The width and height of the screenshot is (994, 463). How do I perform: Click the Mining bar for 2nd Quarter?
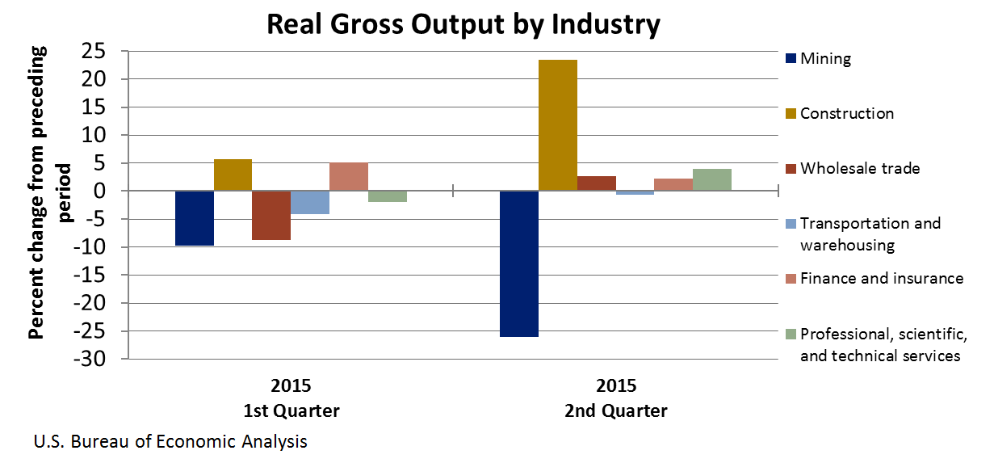pos(518,263)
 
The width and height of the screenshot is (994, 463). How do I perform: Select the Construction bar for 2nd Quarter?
pos(557,125)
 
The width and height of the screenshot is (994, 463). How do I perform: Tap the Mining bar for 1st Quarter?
pos(195,218)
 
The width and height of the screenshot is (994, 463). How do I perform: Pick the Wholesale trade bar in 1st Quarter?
pos(271,216)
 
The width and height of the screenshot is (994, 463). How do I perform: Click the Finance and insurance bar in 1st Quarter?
pos(348,177)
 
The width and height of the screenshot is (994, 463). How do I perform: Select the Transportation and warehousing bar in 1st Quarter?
pos(310,203)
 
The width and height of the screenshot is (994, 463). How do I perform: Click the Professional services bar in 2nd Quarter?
pos(711,180)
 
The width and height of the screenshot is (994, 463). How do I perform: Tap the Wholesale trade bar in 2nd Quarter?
pos(596,183)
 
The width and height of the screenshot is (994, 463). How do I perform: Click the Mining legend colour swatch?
pos(790,59)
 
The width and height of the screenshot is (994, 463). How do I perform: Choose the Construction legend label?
pos(847,114)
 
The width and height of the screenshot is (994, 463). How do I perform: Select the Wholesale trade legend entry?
pos(853,169)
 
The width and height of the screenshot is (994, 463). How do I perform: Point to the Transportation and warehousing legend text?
pos(870,234)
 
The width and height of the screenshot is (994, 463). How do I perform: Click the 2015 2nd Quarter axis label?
pos(616,398)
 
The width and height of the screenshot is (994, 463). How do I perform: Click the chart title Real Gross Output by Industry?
pos(463,25)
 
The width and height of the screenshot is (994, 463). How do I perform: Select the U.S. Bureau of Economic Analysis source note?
pos(170,442)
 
